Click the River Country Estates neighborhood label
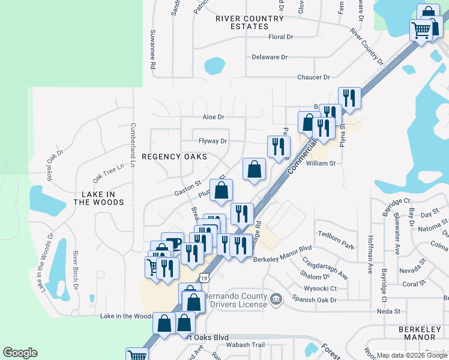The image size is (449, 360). point(249,23)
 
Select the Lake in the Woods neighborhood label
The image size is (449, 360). point(98,198)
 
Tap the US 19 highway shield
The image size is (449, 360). point(205,278)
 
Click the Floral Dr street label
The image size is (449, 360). point(280,37)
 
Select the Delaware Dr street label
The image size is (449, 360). point(270,58)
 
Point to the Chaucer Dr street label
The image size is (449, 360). point(313,77)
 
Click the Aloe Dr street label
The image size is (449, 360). point(213,118)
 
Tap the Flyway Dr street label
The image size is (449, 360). point(213,142)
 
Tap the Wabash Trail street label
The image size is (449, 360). point(245,345)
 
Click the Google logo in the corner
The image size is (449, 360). point(20,353)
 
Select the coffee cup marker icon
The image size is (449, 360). point(172,243)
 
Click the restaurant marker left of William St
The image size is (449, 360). point(278,146)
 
